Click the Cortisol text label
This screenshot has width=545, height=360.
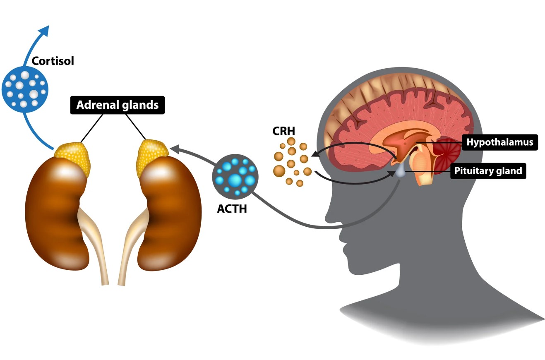coord(53,61)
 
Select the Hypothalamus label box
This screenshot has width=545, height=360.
coord(499,142)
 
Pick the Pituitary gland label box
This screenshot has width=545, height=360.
coord(488,170)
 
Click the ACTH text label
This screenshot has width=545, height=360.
coord(232,208)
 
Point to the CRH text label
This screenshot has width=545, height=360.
coord(283,131)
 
